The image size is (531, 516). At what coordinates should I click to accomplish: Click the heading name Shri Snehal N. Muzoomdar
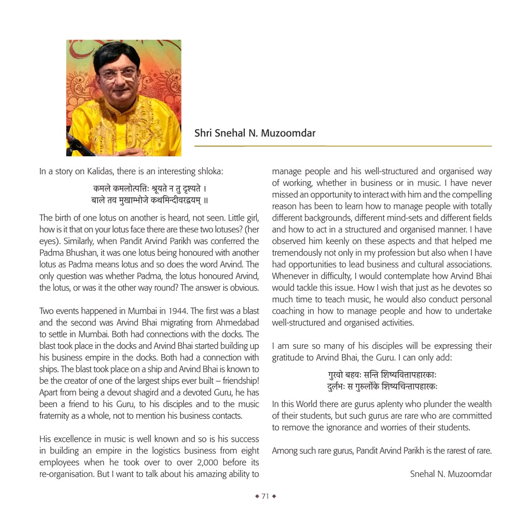(x=255, y=133)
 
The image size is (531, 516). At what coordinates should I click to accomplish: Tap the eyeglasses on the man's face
(x=118, y=73)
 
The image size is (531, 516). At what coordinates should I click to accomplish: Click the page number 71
(x=265, y=496)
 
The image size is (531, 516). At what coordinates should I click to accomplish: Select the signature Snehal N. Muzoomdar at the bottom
(x=451, y=473)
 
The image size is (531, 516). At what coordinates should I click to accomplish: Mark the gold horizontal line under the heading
(x=343, y=146)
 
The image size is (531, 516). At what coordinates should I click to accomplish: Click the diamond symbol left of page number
(x=257, y=496)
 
